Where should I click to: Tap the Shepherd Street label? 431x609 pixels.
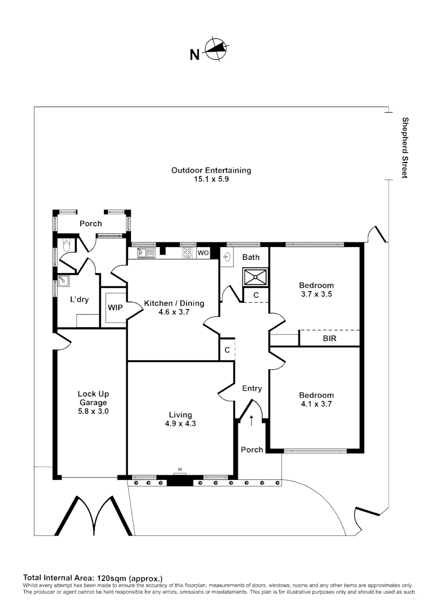tap(405, 148)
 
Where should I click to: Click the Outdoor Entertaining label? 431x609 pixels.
tap(212, 170)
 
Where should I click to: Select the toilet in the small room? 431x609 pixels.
tap(65, 246)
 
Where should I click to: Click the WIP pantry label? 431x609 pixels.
tap(116, 308)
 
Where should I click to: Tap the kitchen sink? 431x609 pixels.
tap(146, 253)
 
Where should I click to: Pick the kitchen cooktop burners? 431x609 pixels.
tap(187, 253)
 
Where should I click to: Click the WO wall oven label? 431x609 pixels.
tap(203, 253)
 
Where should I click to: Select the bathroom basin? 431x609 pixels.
tap(227, 257)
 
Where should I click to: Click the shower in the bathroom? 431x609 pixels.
tap(256, 276)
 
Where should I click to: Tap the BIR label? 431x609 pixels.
tap(329, 338)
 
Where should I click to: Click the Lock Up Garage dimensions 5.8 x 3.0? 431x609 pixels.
tap(93, 411)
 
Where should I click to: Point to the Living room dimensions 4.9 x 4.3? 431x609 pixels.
tap(181, 423)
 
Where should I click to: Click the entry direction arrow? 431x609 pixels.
tap(251, 420)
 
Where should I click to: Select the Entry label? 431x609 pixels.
tap(252, 389)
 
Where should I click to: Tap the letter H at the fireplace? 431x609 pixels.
tap(179, 470)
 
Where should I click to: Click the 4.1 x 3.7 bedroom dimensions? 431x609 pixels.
tap(316, 404)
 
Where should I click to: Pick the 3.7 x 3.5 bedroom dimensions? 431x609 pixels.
tap(316, 294)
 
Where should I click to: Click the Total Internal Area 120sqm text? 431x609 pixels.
tap(93, 578)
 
